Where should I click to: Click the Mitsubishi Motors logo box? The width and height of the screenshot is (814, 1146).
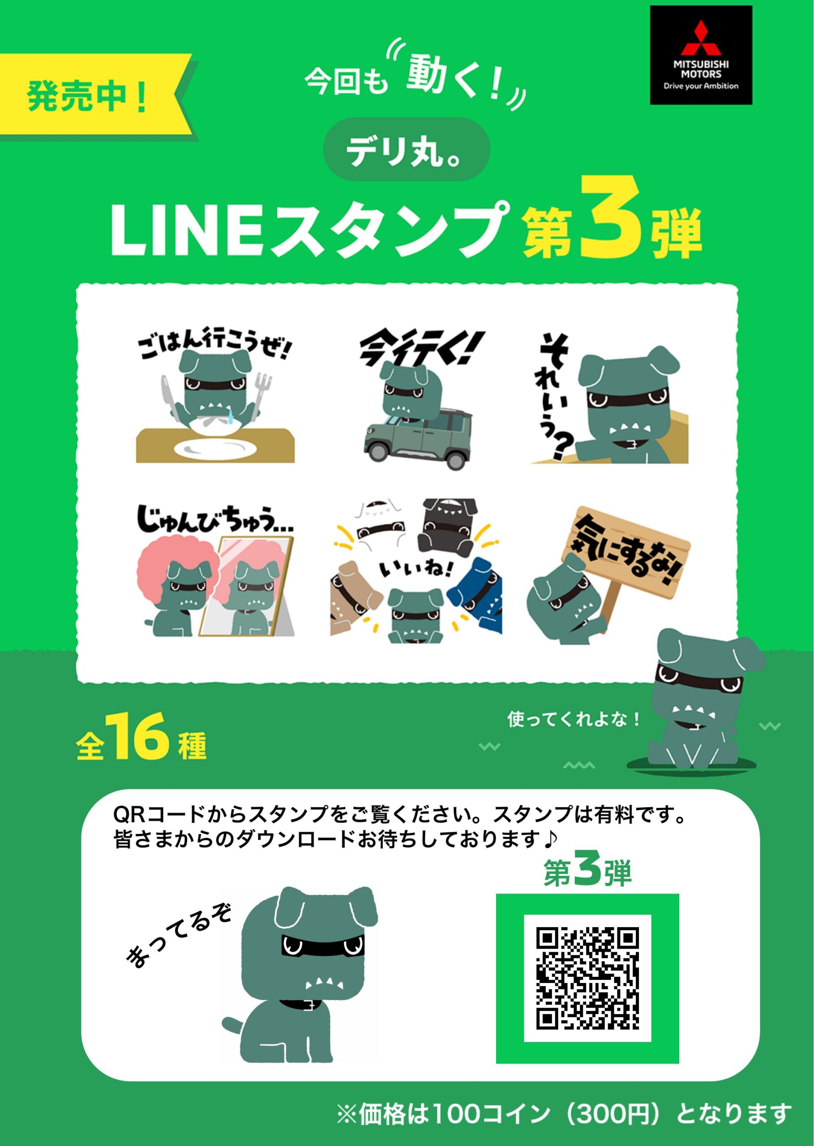point(701,55)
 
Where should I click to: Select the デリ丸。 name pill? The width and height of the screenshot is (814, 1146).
point(406,150)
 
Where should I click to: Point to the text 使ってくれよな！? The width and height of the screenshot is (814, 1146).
point(574,719)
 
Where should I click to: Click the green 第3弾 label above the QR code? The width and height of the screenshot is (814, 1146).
point(587,872)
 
